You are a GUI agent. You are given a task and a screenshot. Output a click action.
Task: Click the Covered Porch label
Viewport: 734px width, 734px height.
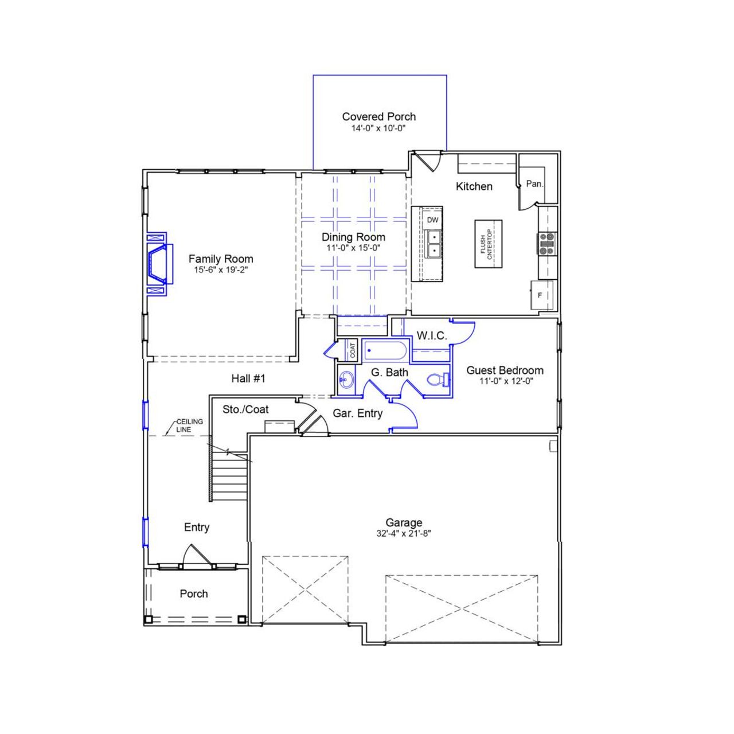tap(378, 116)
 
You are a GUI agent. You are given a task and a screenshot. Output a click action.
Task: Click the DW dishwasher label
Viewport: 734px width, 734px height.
tap(432, 220)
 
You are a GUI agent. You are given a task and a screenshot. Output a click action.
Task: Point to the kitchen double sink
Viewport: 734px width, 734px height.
tap(434, 243)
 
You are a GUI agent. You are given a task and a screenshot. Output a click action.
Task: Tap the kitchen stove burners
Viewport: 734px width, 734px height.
tap(547, 243)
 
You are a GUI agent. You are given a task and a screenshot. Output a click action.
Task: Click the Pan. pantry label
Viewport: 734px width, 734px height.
tap(534, 184)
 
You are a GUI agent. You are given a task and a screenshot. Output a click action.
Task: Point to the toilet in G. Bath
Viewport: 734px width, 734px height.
tap(437, 379)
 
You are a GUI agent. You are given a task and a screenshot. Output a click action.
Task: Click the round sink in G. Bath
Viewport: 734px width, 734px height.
tap(346, 379)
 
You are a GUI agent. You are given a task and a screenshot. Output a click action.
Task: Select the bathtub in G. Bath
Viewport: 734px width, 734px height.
tap(385, 350)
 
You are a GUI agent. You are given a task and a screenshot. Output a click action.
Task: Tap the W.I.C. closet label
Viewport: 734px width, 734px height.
tap(431, 336)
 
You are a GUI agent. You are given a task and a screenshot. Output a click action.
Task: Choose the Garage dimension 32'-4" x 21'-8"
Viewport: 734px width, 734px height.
tap(404, 533)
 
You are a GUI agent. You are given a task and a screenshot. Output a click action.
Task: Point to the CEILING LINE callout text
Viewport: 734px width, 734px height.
tap(189, 425)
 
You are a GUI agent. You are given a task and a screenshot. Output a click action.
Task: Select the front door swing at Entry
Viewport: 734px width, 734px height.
tap(194, 555)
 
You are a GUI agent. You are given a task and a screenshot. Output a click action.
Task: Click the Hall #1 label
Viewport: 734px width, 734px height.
tap(248, 378)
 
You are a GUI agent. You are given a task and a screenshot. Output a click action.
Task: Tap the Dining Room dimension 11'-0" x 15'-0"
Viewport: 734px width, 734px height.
tap(353, 248)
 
